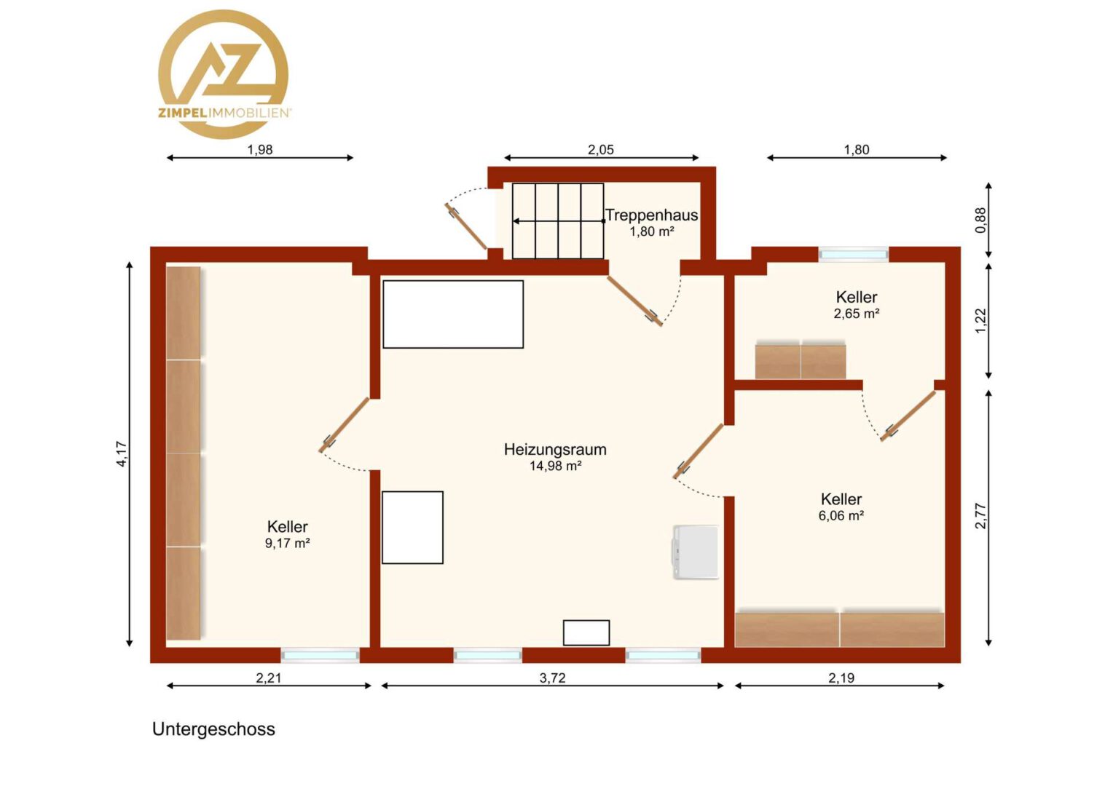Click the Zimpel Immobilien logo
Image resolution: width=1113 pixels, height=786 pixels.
click(224, 74)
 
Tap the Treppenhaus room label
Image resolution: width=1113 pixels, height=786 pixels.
click(651, 215)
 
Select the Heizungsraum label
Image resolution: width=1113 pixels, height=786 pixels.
click(555, 449)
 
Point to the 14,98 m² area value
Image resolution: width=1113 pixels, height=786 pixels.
click(555, 466)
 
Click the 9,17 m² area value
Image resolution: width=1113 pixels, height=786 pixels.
click(287, 543)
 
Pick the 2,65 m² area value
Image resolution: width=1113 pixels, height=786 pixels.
click(856, 313)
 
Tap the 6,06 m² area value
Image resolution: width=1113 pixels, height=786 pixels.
click(841, 515)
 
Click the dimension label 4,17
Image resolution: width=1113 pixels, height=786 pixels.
click(122, 454)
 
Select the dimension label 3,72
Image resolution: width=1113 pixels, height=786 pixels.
click(552, 678)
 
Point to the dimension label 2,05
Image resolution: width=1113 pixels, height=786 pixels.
click(601, 149)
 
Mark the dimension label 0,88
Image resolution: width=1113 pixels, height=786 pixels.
click(980, 220)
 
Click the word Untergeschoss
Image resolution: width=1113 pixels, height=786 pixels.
click(213, 729)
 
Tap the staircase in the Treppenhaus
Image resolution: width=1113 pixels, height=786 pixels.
click(558, 221)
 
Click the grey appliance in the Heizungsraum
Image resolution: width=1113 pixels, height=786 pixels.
click(695, 552)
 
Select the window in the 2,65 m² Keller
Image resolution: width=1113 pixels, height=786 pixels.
click(854, 254)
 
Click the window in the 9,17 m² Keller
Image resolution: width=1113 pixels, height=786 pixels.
click(320, 656)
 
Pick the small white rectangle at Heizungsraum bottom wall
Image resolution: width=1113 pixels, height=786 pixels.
click(586, 632)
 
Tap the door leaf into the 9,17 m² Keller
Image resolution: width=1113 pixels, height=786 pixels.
click(344, 425)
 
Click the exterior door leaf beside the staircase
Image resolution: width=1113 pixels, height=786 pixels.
click(465, 226)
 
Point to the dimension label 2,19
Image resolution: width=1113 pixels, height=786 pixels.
click(841, 678)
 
